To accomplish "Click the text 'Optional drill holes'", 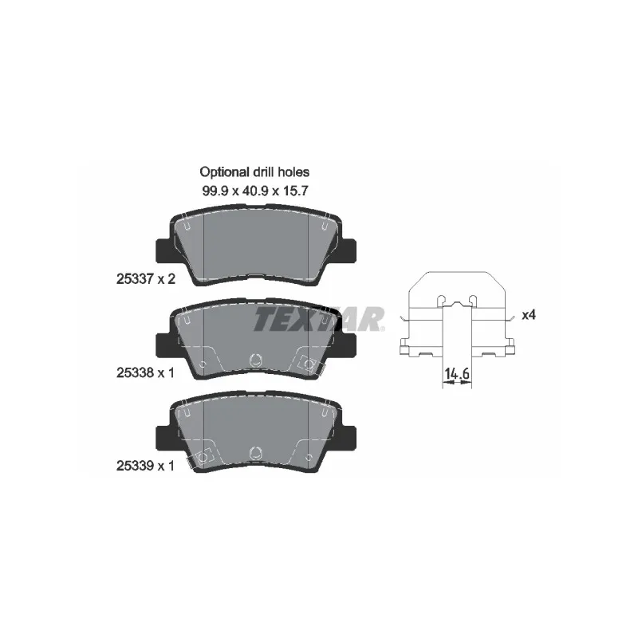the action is click(254, 172).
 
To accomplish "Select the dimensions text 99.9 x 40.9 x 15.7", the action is click(255, 191).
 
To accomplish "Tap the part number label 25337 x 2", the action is click(146, 279).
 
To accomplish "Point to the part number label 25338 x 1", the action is click(145, 372).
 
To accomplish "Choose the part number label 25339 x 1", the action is click(145, 466).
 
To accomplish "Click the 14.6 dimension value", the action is click(457, 373).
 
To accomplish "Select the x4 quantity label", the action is click(529, 315).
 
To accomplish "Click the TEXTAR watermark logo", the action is click(319, 318).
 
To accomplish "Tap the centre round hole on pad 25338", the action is click(256, 360).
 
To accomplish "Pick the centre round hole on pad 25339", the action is click(256, 453).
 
